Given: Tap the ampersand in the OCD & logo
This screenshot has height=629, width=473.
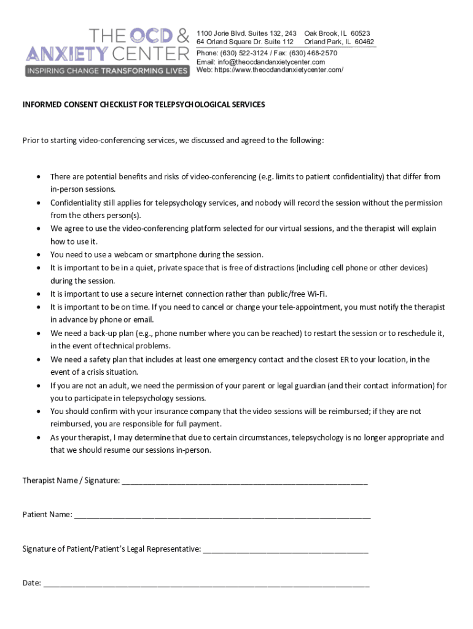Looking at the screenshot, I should tap(178, 36).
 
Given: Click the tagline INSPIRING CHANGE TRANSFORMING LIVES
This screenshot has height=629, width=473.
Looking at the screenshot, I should tap(106, 71).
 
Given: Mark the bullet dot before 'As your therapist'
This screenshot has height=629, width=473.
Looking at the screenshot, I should tap(38, 438).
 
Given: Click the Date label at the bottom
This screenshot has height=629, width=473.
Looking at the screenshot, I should tap(31, 583).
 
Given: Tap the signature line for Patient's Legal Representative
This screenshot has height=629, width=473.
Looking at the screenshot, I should tap(286, 550).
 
